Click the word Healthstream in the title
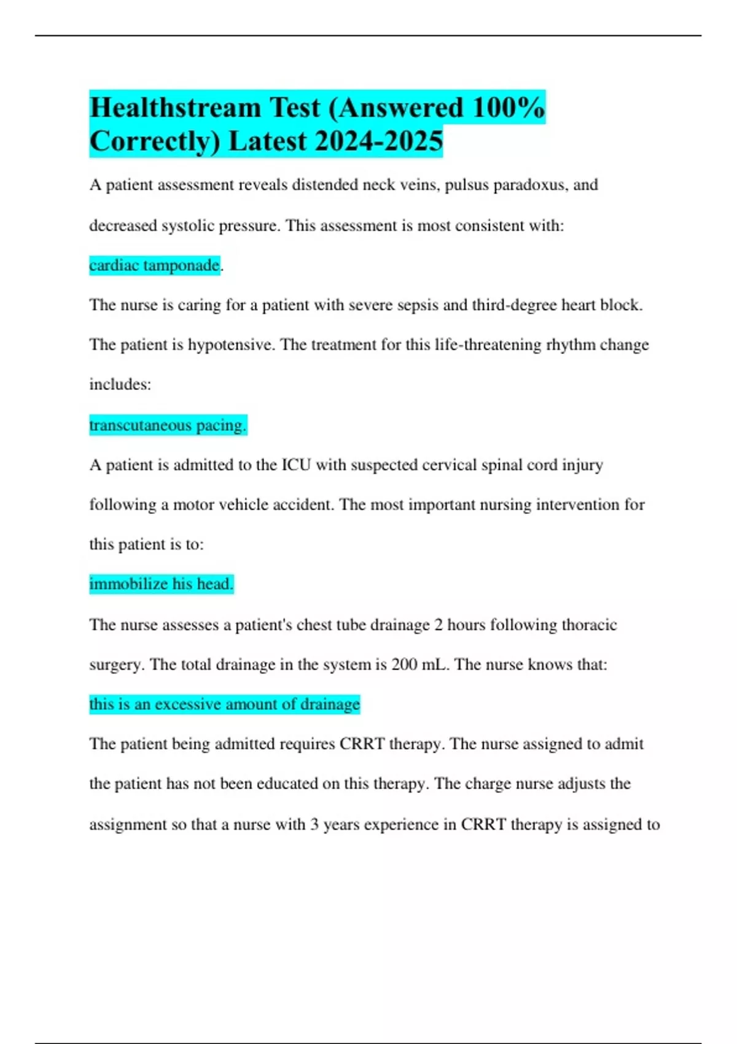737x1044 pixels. pos(175,108)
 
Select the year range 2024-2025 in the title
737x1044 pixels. pos(378,141)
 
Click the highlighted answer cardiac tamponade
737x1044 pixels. pos(155,265)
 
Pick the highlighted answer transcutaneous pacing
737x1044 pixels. pos(168,425)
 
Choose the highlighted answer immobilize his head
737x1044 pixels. pos(162,584)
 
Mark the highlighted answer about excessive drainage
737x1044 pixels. pos(225,704)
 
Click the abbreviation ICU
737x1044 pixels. pos(296,465)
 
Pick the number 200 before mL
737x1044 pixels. pos(404,664)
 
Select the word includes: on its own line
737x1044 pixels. pos(120,385)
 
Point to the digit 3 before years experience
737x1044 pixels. pos(314,824)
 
